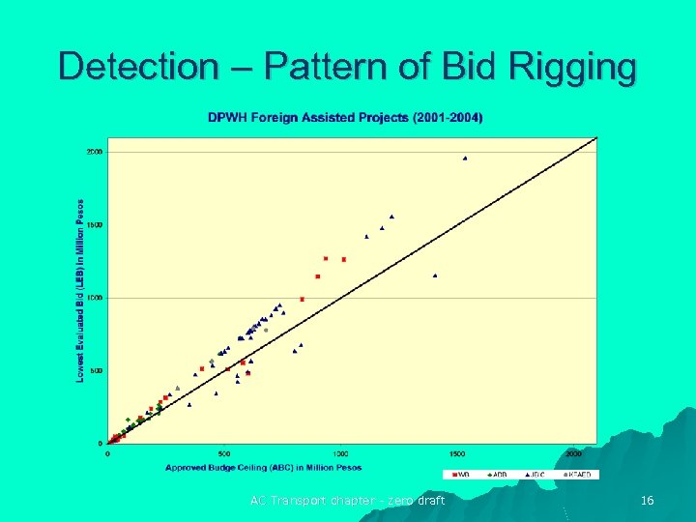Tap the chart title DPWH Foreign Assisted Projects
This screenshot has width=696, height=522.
[x=346, y=118]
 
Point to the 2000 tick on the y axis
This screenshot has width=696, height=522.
[x=95, y=152]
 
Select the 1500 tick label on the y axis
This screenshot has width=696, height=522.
[x=95, y=225]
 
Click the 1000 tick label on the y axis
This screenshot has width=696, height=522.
[x=95, y=298]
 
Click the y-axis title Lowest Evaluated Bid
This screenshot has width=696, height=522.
[x=80, y=290]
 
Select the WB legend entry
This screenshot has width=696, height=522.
[x=461, y=475]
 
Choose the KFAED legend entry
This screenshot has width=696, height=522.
[x=577, y=475]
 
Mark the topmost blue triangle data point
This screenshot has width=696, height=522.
[x=465, y=158]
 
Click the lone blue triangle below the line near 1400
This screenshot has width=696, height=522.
[x=435, y=275]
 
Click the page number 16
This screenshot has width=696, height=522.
[x=648, y=500]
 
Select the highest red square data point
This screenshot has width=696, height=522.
[x=326, y=258]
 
